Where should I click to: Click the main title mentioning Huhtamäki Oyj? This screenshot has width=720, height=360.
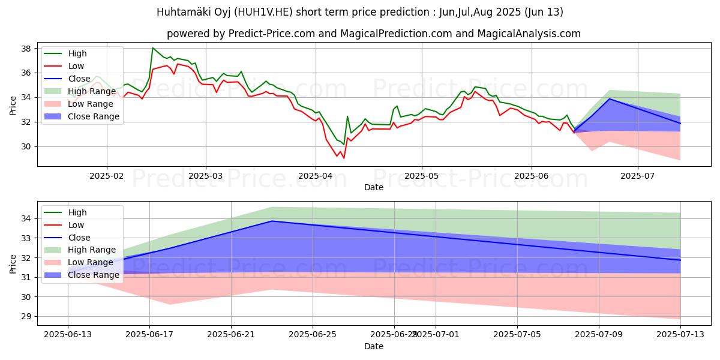pos(359,11)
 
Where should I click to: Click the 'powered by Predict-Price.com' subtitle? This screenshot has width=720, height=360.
pos(373,34)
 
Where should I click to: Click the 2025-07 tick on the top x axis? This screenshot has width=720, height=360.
pos(637,176)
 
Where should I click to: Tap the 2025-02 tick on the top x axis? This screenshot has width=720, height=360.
pos(107,176)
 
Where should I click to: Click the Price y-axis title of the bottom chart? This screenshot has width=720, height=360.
pos(13,263)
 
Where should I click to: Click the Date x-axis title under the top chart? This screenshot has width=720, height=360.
pos(373,187)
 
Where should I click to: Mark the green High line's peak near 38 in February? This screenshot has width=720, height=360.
pos(153,48)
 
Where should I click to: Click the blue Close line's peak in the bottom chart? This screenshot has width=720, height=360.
pos(272,221)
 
